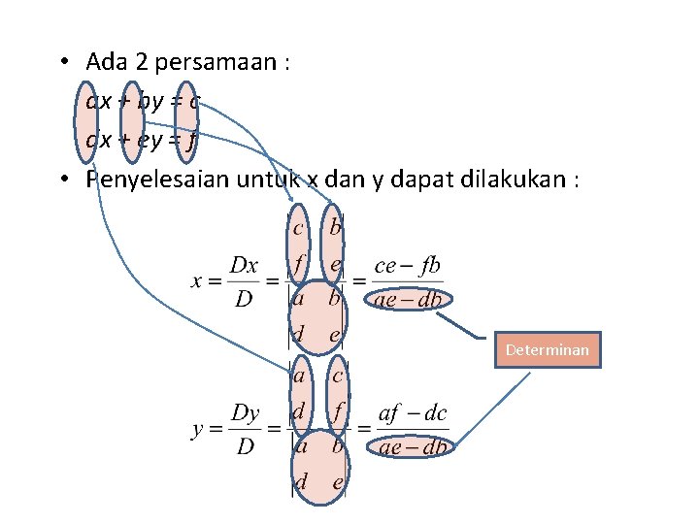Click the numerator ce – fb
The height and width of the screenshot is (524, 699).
click(x=407, y=264)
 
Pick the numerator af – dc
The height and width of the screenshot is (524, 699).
click(x=413, y=414)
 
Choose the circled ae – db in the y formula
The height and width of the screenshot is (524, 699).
click(x=413, y=446)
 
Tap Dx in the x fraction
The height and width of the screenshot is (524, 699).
click(x=244, y=264)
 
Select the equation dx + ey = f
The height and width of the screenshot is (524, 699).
click(x=142, y=140)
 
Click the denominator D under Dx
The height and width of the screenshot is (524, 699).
click(x=245, y=299)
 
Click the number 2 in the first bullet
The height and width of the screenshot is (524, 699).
click(x=130, y=63)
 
